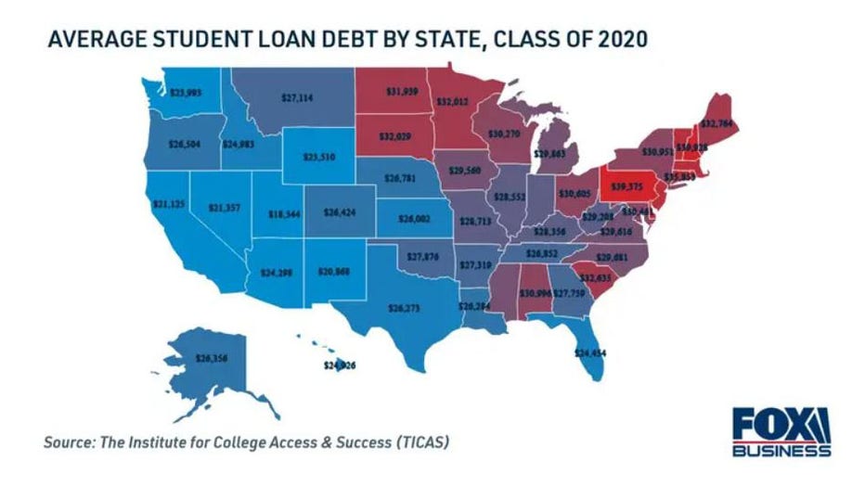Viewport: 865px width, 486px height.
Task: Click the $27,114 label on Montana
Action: (297, 96)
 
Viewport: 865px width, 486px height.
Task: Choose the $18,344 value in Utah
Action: (259, 213)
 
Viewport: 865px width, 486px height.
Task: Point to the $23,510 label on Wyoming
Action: (319, 157)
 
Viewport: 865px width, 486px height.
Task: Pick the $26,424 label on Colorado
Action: (339, 212)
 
